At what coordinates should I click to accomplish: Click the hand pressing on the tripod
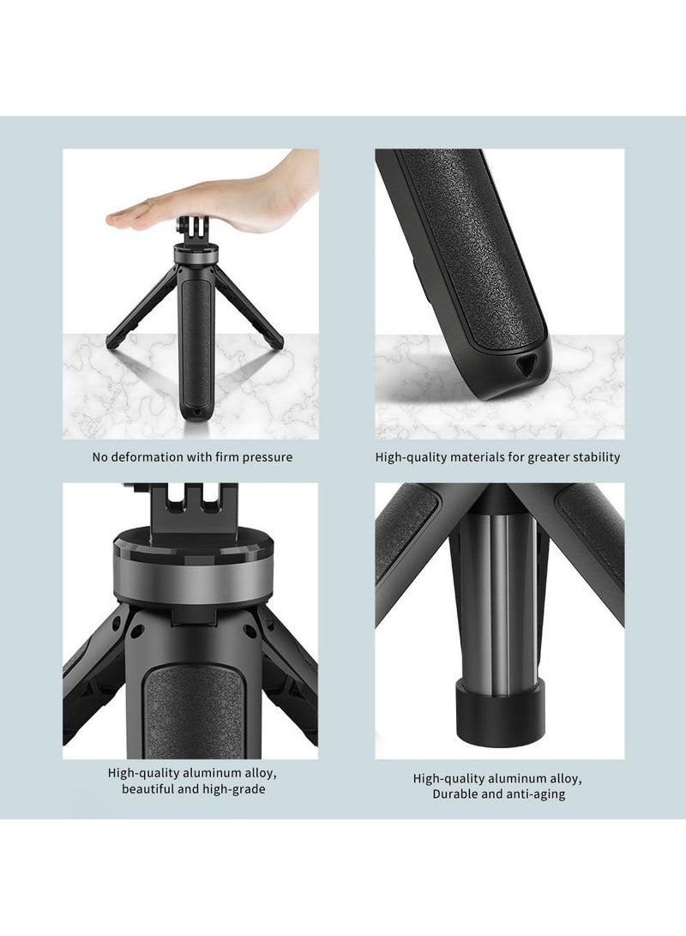[x=214, y=206]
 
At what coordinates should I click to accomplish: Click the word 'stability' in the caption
[x=593, y=457]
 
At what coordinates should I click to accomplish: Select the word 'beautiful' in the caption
[x=150, y=788]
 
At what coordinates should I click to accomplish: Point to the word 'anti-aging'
[x=534, y=794]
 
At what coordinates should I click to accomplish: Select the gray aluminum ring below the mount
[x=190, y=571]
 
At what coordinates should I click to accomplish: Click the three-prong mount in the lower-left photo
[x=191, y=510]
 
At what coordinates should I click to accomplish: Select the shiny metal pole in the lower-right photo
[x=499, y=592]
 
